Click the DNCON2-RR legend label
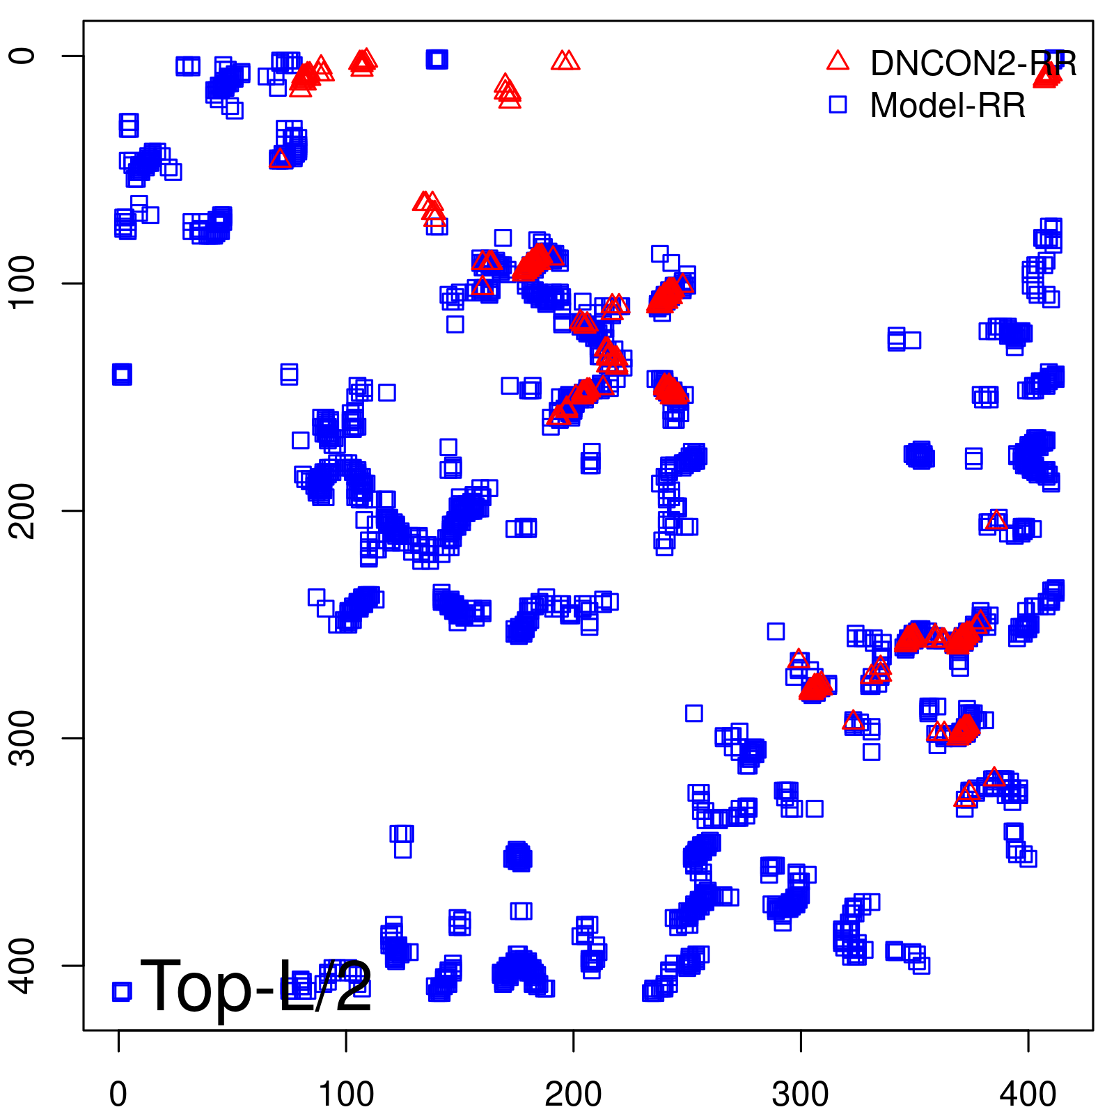coord(973,64)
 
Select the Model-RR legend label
coord(948,106)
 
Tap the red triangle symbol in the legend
coord(838,61)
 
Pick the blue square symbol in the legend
coord(838,104)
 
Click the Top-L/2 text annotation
coord(256,986)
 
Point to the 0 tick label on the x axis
coord(118,1095)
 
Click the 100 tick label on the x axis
coord(346,1095)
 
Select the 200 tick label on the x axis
coord(573,1095)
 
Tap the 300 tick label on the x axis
coord(801,1095)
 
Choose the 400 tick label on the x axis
coord(1028,1095)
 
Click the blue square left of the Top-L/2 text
coord(122,991)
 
